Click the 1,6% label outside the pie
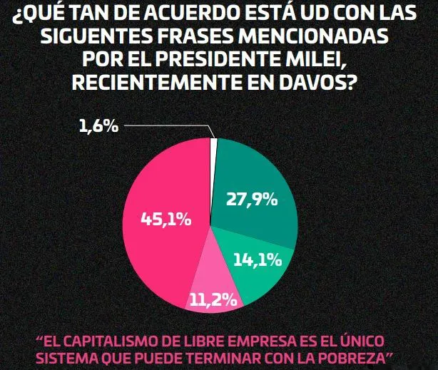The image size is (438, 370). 98,126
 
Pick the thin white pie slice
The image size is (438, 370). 213,143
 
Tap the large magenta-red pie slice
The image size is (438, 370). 157,242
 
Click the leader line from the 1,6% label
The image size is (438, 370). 171,127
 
